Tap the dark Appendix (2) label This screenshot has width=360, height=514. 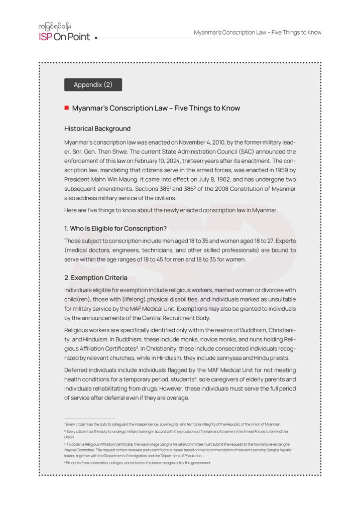click(93, 85)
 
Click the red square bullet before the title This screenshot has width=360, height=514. click(66, 108)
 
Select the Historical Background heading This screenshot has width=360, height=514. click(97, 128)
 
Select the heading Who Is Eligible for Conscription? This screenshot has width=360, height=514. click(115, 228)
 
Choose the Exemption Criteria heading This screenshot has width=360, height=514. click(95, 278)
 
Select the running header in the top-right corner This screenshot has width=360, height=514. click(258, 33)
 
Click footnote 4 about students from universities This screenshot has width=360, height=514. click(138, 463)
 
